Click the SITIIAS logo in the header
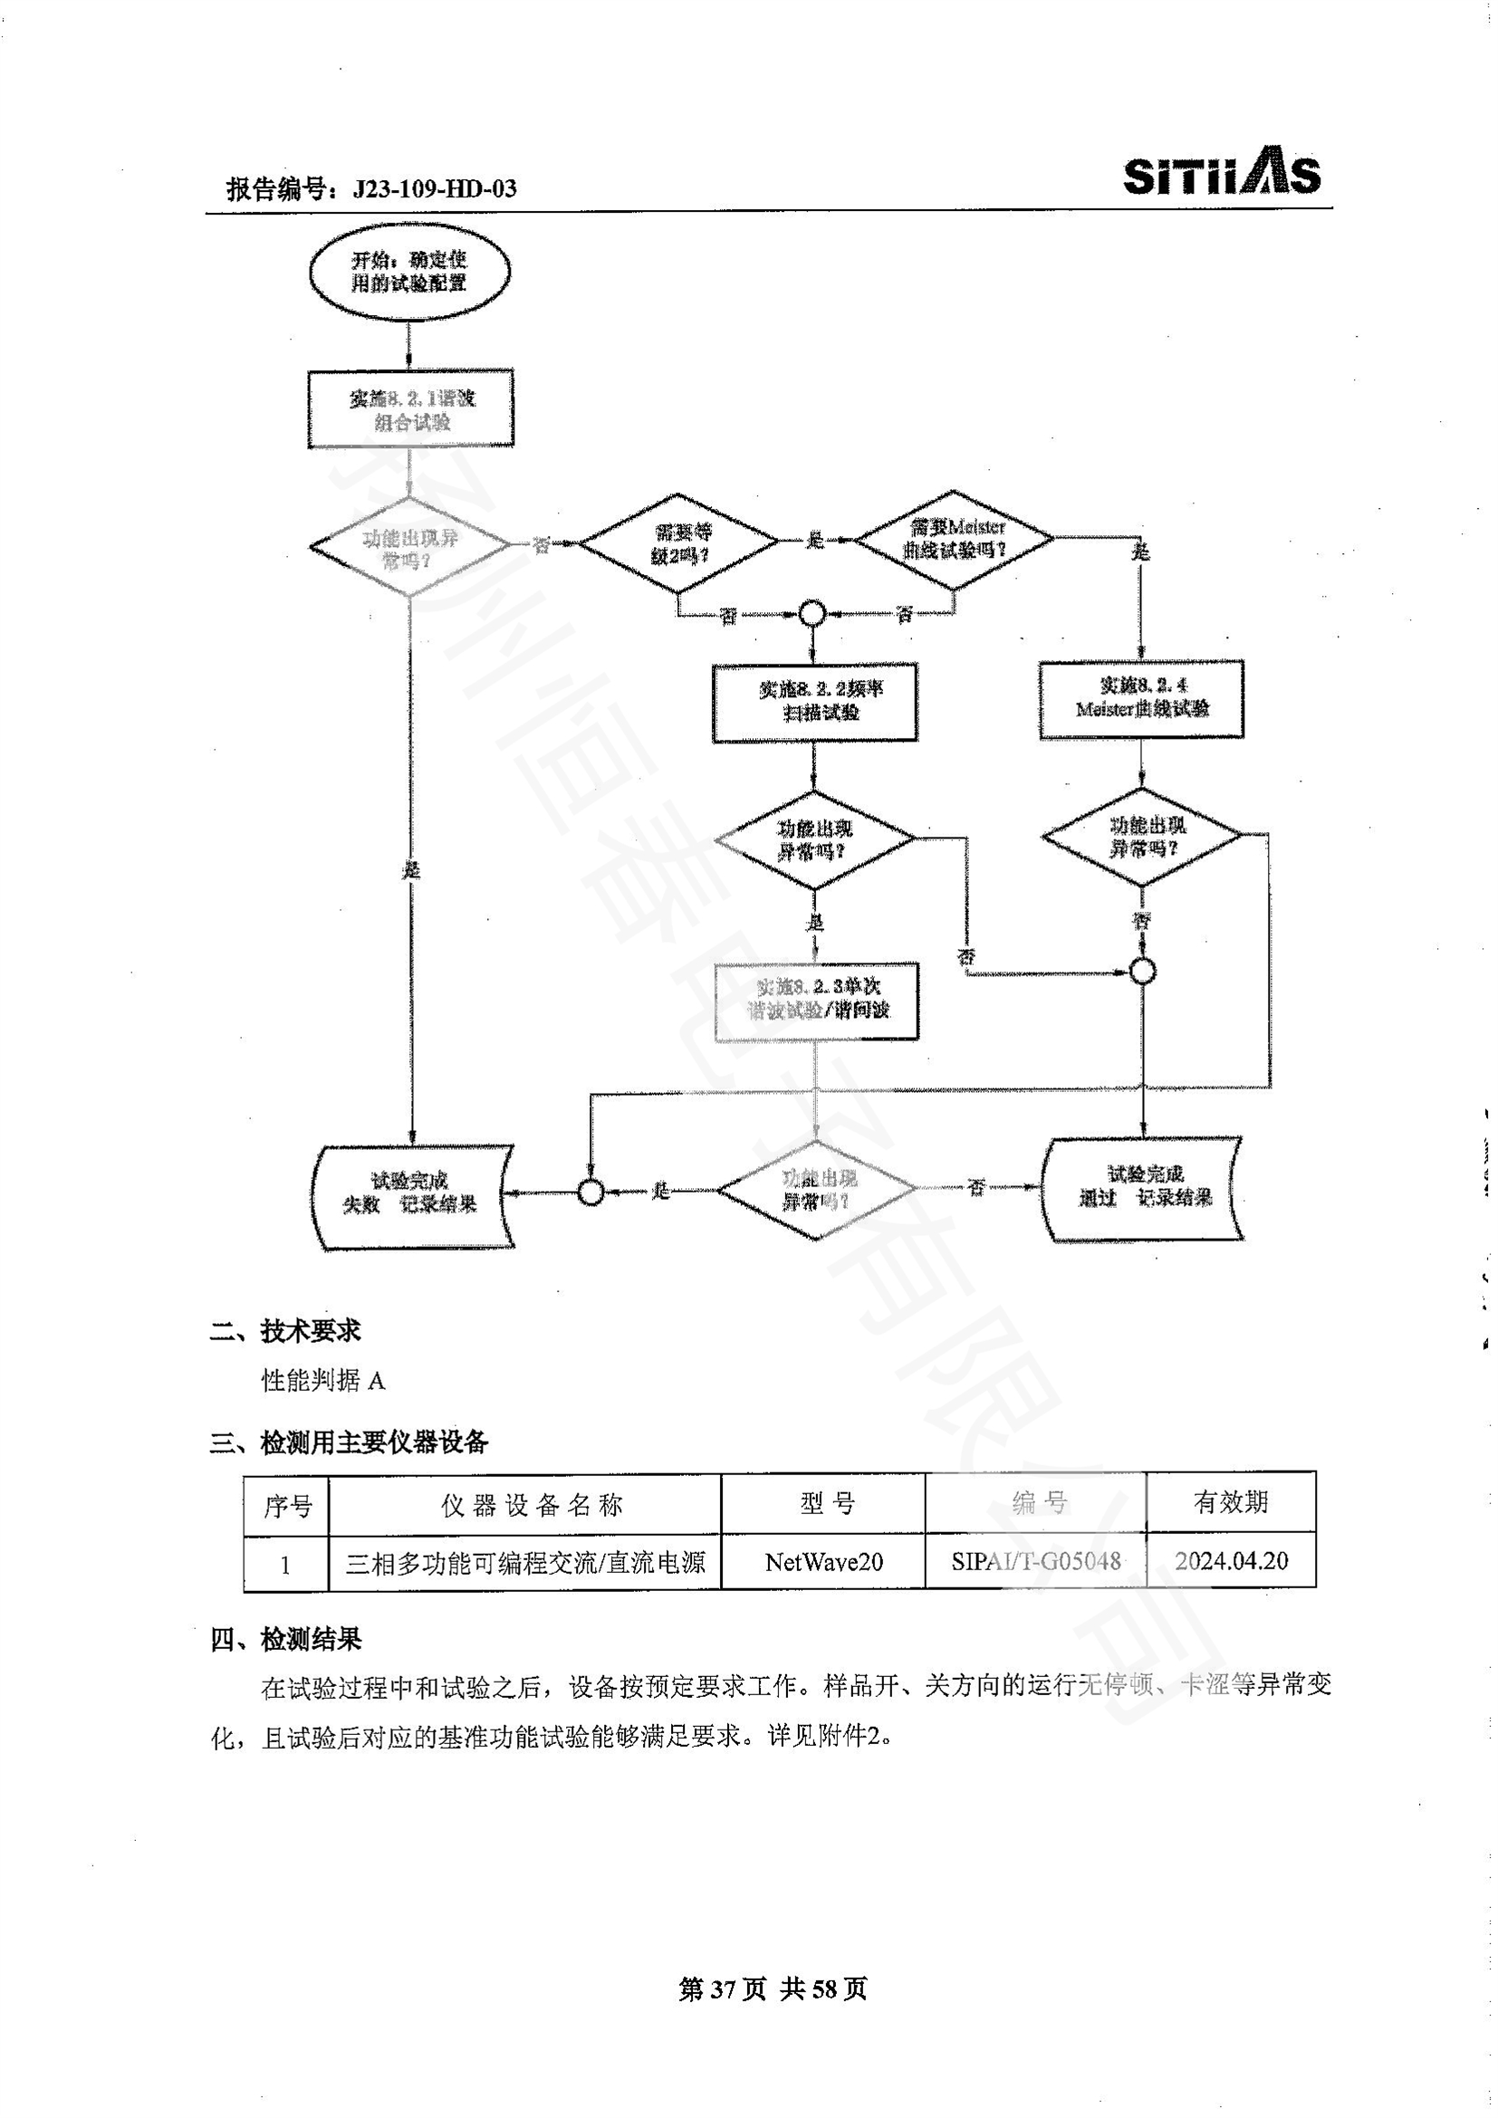[1220, 171]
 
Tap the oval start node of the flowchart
[408, 273]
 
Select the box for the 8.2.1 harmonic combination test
[410, 409]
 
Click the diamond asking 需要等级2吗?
[679, 542]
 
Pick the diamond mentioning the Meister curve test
[954, 540]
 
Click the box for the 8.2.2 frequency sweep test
[814, 702]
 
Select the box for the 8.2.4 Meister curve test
[1141, 698]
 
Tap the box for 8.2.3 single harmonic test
[817, 1000]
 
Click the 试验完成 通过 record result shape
[1143, 1190]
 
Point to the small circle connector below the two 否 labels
[811, 612]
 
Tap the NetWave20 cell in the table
[822, 1562]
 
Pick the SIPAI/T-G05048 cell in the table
[1035, 1561]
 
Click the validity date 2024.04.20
[1231, 1561]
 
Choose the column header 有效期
[1231, 1503]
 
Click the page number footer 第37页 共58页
[772, 1989]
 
